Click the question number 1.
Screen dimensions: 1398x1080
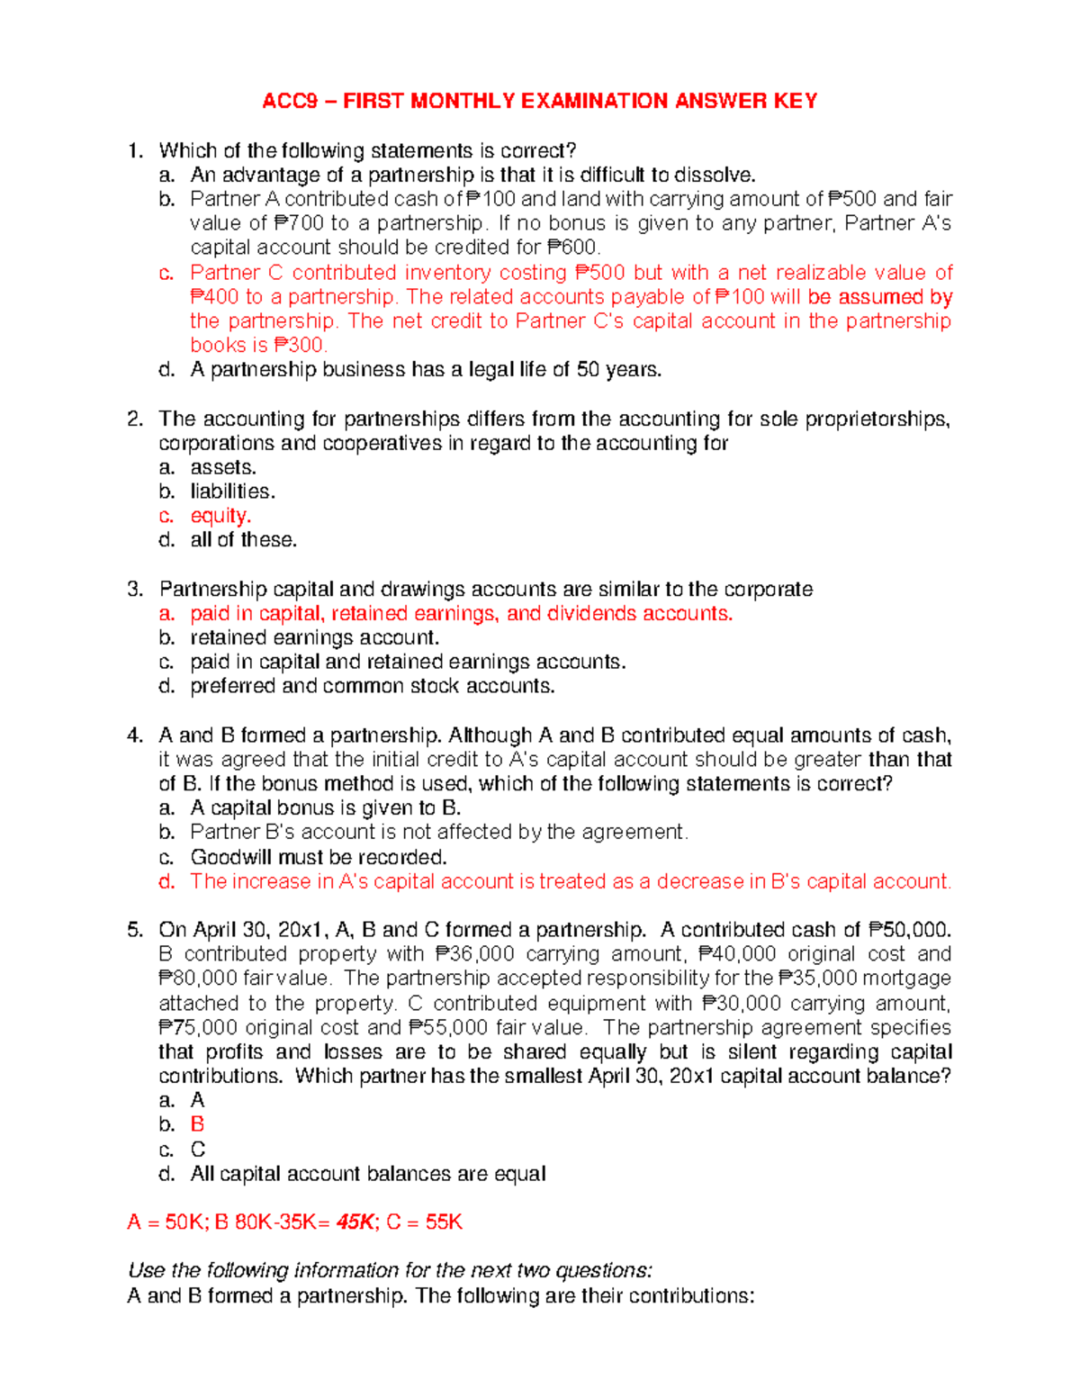point(135,150)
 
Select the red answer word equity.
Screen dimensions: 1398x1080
point(220,516)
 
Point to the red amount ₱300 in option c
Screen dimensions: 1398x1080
point(300,345)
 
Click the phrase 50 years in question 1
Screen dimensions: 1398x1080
point(618,369)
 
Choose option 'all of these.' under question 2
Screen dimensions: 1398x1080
point(243,540)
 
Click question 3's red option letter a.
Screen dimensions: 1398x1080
point(166,614)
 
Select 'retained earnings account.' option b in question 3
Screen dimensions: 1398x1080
point(314,638)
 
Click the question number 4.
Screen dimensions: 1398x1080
point(135,735)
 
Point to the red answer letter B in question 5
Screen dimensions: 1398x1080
point(197,1124)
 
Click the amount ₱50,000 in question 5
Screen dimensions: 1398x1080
point(910,930)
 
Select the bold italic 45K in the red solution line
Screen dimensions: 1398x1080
point(355,1222)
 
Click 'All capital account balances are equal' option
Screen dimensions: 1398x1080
point(367,1174)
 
